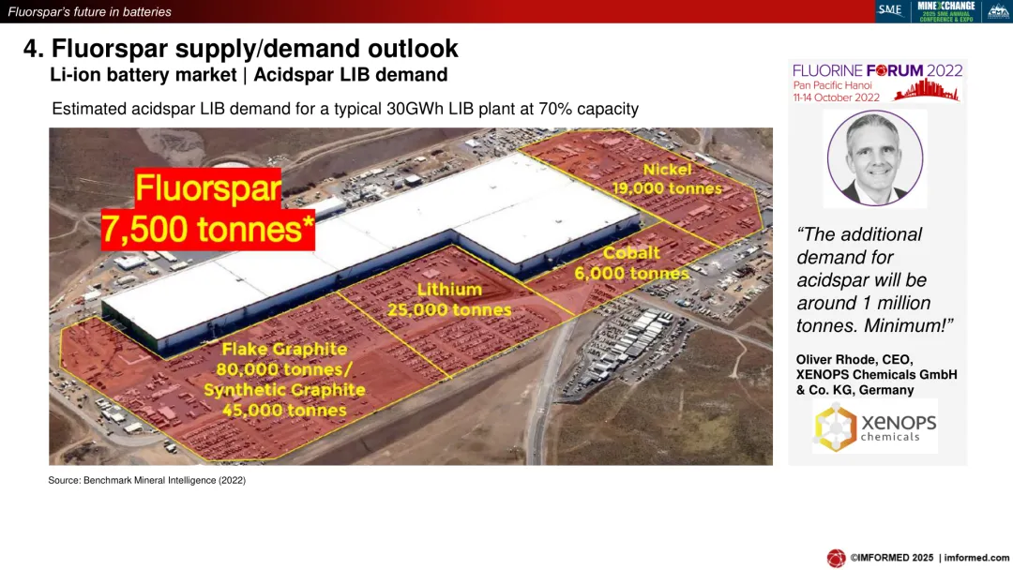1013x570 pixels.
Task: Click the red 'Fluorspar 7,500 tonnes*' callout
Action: pyautogui.click(x=208, y=209)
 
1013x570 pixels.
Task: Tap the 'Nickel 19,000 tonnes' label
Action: pyautogui.click(x=667, y=179)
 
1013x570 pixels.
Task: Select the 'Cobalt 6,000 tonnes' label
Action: pyautogui.click(x=631, y=262)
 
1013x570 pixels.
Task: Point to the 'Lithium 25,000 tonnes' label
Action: pyautogui.click(x=449, y=299)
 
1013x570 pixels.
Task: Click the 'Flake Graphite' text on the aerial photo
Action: pyautogui.click(x=284, y=350)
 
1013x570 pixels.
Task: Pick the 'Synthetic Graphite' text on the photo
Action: pyautogui.click(x=284, y=390)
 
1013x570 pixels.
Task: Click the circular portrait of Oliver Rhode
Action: pyautogui.click(x=875, y=158)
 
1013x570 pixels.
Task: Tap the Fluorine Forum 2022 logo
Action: pyautogui.click(x=877, y=82)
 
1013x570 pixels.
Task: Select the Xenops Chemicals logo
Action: pyautogui.click(x=875, y=427)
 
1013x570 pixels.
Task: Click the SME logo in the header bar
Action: pyautogui.click(x=890, y=10)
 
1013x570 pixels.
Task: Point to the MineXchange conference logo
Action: pyautogui.click(x=945, y=11)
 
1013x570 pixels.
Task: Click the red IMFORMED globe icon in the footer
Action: pyautogui.click(x=836, y=558)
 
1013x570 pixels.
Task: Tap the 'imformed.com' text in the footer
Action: pyautogui.click(x=976, y=558)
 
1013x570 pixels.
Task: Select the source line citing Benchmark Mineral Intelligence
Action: pyautogui.click(x=146, y=480)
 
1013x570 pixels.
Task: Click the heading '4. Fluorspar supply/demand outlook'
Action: pyautogui.click(x=240, y=49)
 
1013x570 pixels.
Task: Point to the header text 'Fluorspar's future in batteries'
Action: pyautogui.click(x=90, y=11)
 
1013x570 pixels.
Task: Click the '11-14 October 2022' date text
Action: pyautogui.click(x=837, y=97)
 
